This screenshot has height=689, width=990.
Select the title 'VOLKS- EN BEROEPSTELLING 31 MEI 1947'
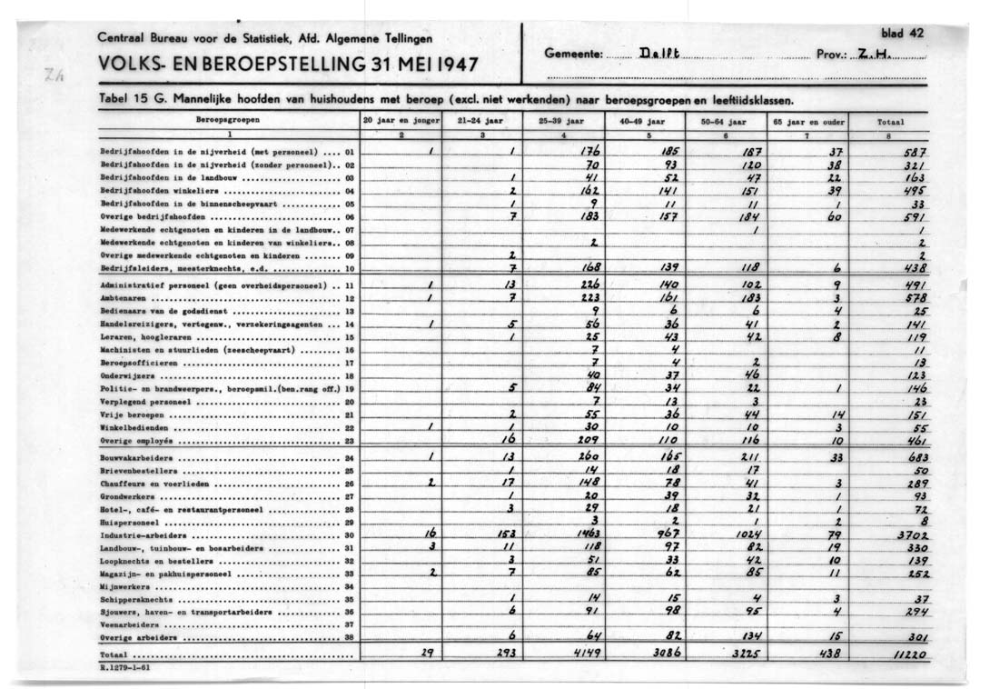tap(289, 65)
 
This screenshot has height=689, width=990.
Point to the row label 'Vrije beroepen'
tap(128, 414)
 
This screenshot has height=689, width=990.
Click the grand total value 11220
tap(907, 654)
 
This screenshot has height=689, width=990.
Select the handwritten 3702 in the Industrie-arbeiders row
tap(910, 536)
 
